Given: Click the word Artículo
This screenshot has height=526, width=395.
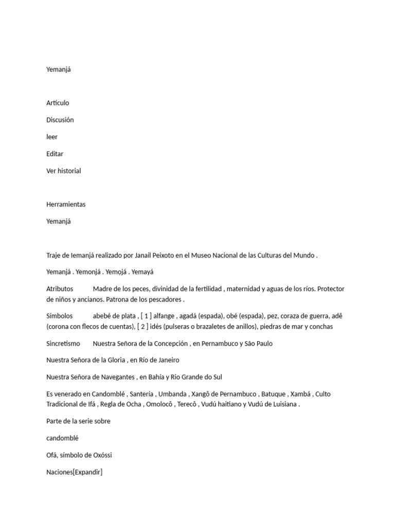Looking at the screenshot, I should tap(58, 103).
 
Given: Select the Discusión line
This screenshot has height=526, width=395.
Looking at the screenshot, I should tap(60, 120).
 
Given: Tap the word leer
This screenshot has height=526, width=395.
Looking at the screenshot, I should tap(52, 137).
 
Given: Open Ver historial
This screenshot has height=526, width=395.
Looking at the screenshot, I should tap(64, 171).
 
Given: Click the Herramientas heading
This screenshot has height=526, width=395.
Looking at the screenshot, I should tap(66, 204).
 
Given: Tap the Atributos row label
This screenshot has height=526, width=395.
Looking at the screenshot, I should tap(60, 289).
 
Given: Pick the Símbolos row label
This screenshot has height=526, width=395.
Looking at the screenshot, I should tap(60, 316).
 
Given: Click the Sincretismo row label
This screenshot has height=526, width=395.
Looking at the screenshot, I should tap(63, 343).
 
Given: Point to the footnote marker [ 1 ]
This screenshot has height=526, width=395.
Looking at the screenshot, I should tap(146, 316).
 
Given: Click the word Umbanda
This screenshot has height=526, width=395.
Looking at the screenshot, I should tap(172, 394).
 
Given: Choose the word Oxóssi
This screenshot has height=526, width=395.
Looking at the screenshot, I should tap(101, 455).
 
